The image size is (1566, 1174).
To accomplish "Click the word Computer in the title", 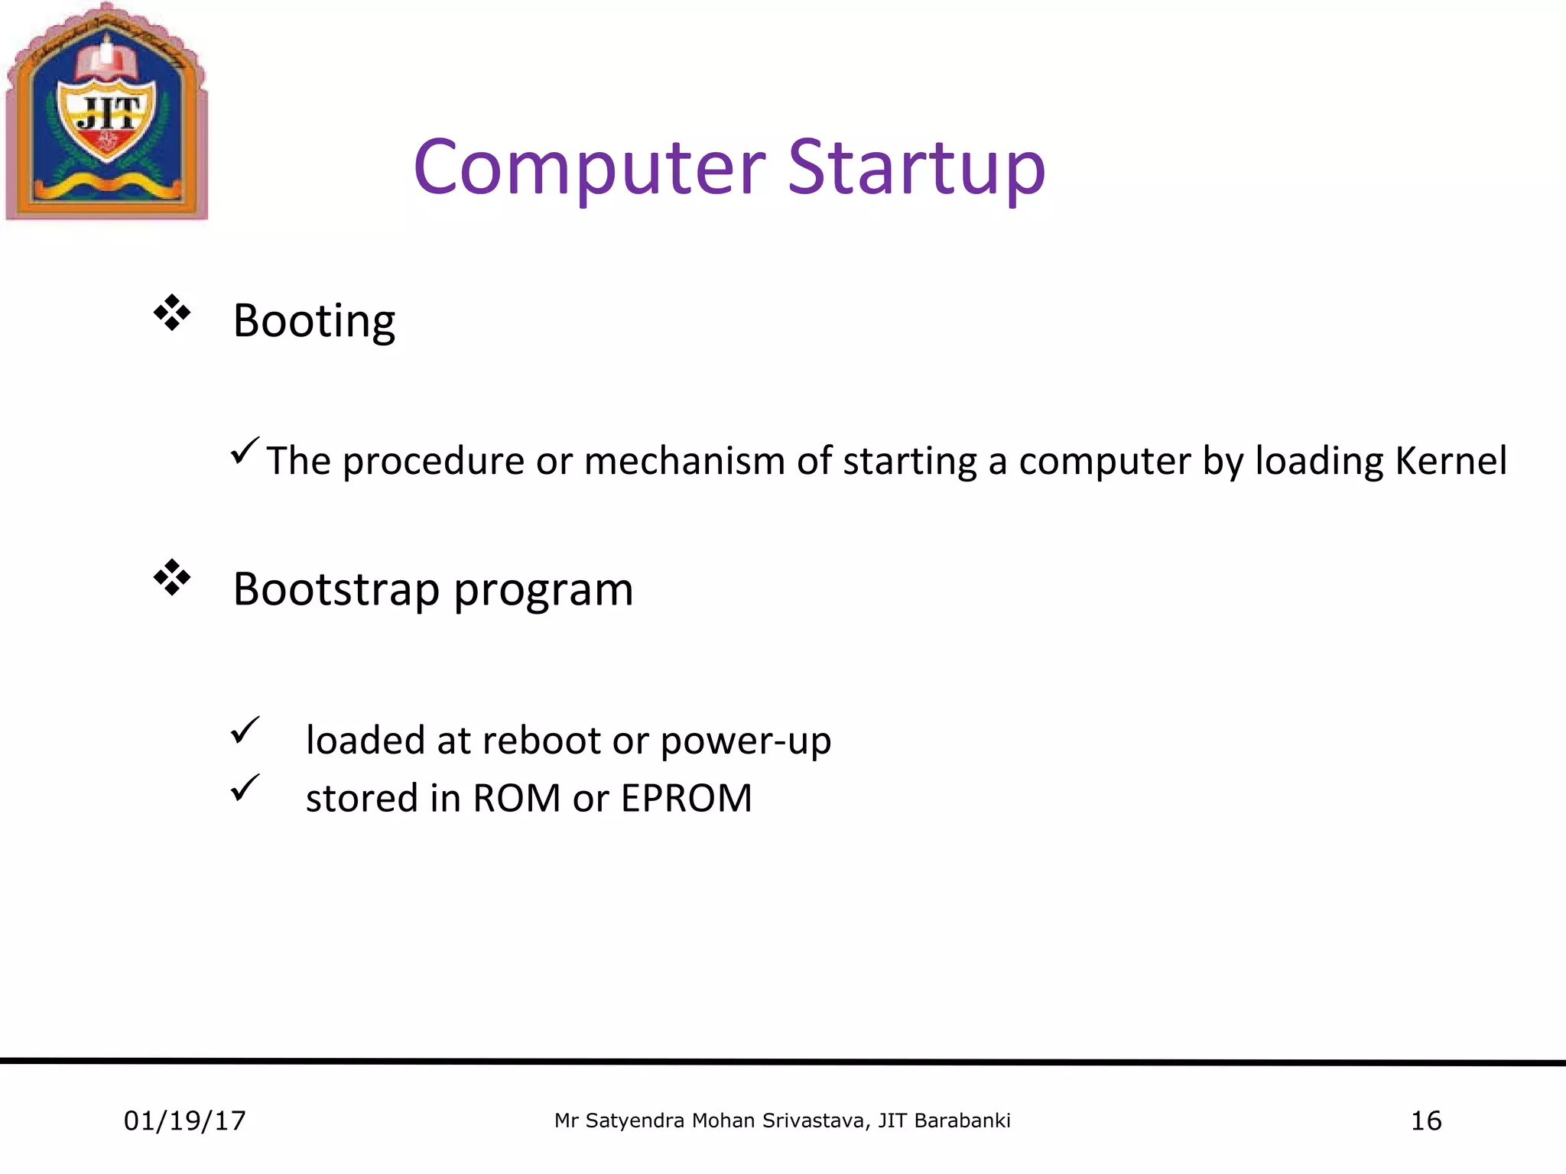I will (589, 168).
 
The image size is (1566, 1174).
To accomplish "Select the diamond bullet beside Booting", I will (172, 313).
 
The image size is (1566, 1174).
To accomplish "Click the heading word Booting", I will (314, 321).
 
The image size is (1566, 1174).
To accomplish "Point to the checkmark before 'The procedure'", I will (245, 451).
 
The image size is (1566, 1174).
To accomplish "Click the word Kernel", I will (1451, 461).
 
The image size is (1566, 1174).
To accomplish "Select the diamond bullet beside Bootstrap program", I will (172, 578).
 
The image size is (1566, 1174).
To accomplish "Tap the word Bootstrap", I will (336, 590).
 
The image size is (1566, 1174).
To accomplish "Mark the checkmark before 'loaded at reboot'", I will (245, 730).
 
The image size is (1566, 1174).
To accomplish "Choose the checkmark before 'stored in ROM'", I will (245, 787).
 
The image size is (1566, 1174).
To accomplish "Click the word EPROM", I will (686, 799).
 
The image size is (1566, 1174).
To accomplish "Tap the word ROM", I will (516, 799).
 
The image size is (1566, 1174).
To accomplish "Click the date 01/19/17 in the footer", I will (184, 1121).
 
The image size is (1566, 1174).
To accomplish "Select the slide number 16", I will (1425, 1121).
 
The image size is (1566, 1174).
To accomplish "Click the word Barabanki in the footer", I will (962, 1121).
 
